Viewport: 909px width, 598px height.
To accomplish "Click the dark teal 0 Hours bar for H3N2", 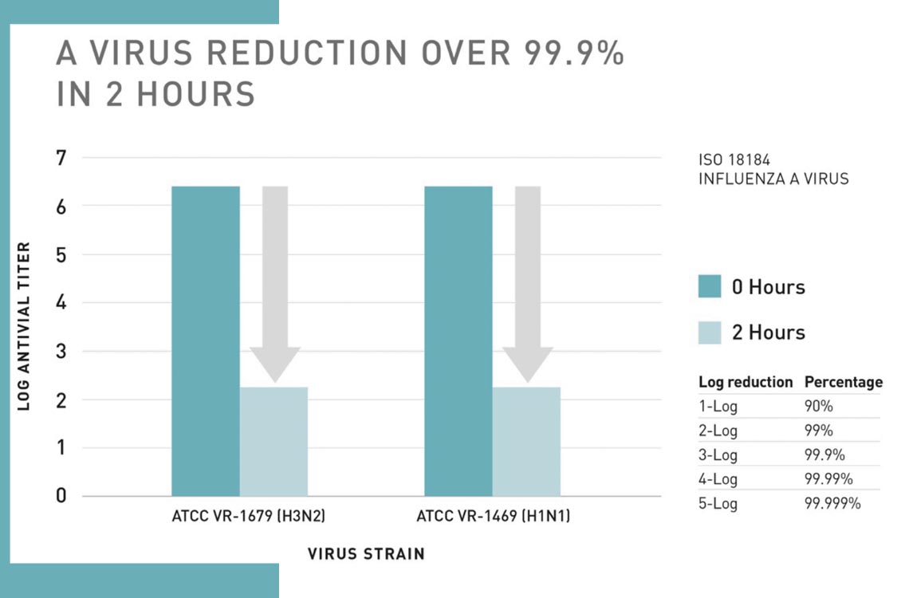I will pyautogui.click(x=206, y=341).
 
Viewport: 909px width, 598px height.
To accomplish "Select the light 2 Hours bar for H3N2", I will pyautogui.click(x=273, y=441).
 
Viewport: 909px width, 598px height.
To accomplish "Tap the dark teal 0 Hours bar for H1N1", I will pyautogui.click(x=458, y=341).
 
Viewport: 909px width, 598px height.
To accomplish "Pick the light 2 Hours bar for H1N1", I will pyautogui.click(x=526, y=441).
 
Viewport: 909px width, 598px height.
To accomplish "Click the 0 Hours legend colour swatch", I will pyautogui.click(x=710, y=286).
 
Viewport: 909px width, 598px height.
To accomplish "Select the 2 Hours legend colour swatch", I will pyautogui.click(x=710, y=332).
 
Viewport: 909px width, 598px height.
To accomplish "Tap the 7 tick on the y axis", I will pyautogui.click(x=61, y=158).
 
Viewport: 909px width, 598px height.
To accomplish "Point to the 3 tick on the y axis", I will pyautogui.click(x=61, y=352).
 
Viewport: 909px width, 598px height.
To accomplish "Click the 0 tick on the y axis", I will pyautogui.click(x=61, y=496).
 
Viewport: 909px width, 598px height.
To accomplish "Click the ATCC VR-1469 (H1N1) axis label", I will pyautogui.click(x=493, y=517).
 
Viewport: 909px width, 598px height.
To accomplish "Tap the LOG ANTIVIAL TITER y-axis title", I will pyautogui.click(x=24, y=326).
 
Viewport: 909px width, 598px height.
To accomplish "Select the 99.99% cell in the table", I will pyautogui.click(x=829, y=479).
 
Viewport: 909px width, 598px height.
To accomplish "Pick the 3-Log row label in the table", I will pyautogui.click(x=718, y=455).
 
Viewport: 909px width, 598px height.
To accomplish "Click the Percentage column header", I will pyautogui.click(x=844, y=382).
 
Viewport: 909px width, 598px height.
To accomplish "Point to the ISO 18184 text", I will pyautogui.click(x=734, y=160).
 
